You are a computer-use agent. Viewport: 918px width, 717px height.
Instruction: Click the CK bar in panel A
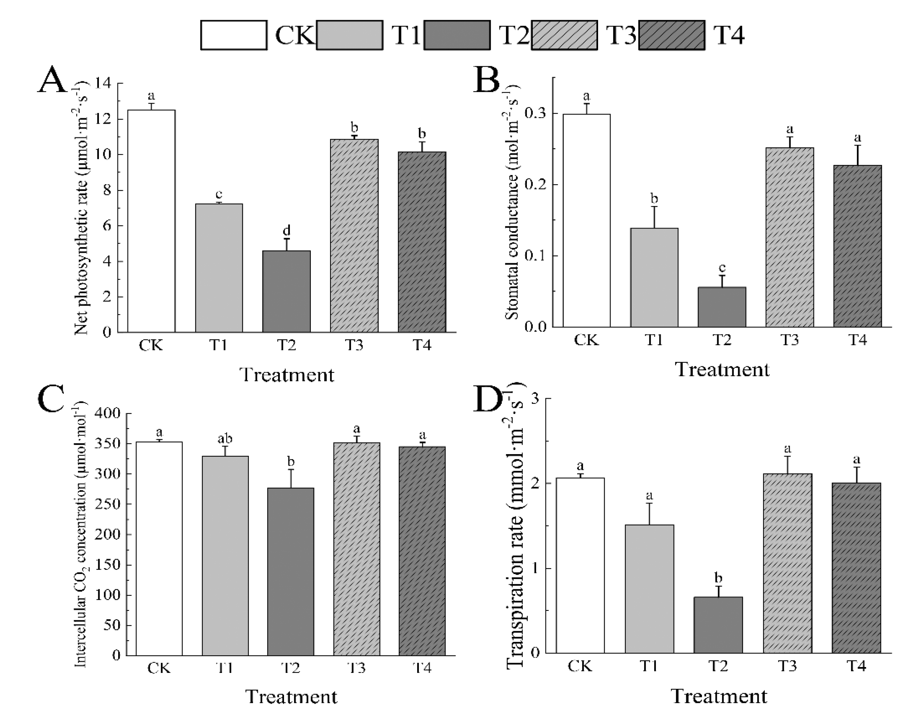click(x=151, y=221)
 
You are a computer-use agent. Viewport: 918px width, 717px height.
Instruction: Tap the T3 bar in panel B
click(x=789, y=237)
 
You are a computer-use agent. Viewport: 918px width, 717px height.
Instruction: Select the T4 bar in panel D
click(x=856, y=567)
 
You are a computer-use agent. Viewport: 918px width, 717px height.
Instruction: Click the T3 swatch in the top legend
click(x=564, y=35)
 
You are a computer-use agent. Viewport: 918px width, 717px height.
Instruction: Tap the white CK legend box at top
click(x=234, y=35)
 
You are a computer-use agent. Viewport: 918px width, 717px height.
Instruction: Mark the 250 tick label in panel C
click(x=108, y=504)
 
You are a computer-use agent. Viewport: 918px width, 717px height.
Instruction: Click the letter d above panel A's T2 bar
click(x=286, y=230)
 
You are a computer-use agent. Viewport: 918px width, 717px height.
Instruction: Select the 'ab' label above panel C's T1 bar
click(x=225, y=439)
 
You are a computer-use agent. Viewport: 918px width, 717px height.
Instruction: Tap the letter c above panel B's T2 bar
click(x=722, y=268)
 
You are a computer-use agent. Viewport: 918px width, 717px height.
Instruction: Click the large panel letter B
click(x=486, y=80)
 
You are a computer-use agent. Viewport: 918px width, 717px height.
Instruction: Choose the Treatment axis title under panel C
click(x=291, y=696)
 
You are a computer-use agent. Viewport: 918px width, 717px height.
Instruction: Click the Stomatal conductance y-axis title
click(x=512, y=202)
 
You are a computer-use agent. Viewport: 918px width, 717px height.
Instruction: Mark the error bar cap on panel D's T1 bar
click(x=649, y=503)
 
